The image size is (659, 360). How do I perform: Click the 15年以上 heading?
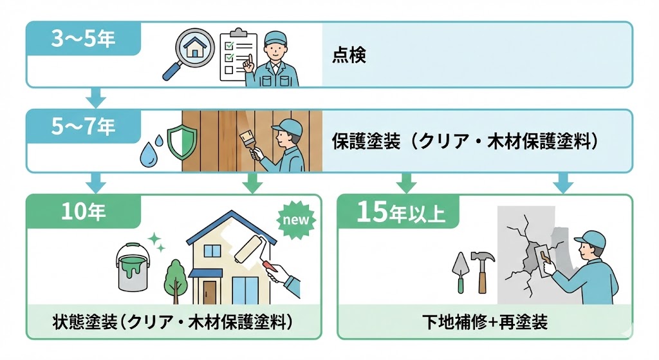400,213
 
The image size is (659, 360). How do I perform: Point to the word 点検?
349,55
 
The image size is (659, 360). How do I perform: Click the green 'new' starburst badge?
296,220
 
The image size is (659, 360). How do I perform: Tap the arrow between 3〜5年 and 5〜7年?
95,97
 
